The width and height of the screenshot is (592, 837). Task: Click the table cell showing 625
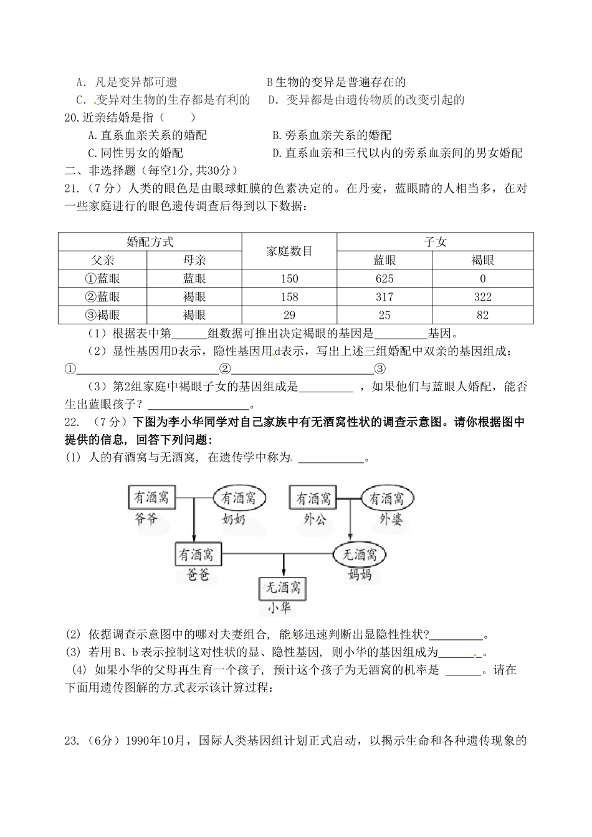(384, 279)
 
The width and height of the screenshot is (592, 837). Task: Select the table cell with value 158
(289, 297)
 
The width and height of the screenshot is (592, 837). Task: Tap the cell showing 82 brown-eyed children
(482, 315)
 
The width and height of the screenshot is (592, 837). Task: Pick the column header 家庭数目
(289, 251)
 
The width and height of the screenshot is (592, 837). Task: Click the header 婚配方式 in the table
(150, 242)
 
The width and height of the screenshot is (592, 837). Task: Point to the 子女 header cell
(435, 242)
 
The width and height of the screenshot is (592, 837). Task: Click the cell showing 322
(482, 297)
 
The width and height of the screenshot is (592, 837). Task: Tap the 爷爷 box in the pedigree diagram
(152, 498)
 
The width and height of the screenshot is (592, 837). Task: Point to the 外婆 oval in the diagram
(387, 498)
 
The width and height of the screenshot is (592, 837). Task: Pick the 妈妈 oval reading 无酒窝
(360, 554)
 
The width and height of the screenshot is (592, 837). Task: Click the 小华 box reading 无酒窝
(283, 588)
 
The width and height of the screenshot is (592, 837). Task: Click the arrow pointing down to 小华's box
(284, 564)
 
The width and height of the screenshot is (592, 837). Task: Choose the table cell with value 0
(482, 279)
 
